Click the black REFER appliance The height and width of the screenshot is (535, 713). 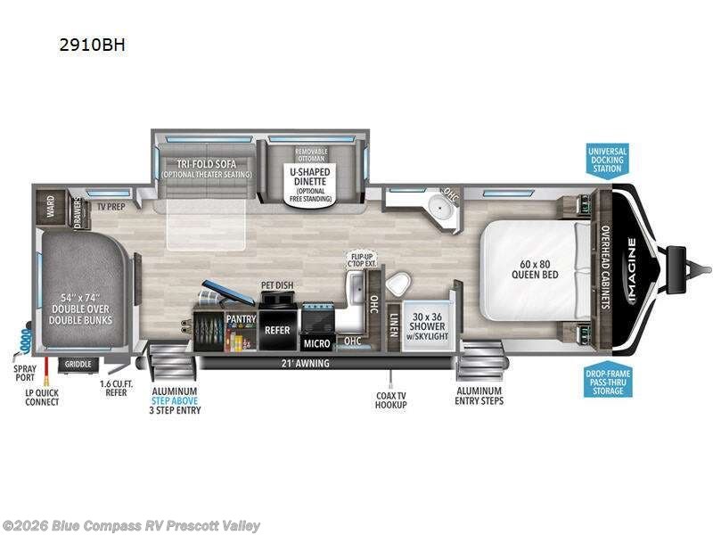(277, 329)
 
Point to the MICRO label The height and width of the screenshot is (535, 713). (317, 342)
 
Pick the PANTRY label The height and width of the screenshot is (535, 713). (241, 318)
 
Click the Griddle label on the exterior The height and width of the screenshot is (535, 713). (80, 364)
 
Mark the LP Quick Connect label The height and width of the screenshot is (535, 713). (42, 398)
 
